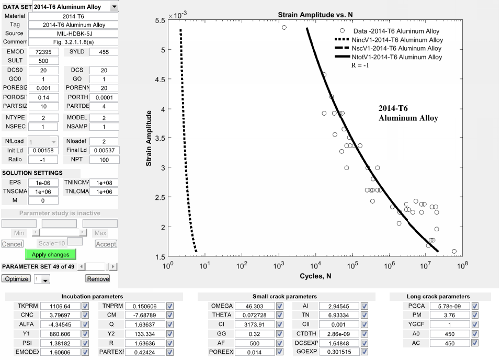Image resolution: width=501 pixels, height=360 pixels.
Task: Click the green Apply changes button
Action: tap(50, 254)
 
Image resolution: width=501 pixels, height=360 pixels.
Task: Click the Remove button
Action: tap(98, 279)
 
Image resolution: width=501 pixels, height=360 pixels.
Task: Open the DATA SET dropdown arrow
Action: tap(115, 7)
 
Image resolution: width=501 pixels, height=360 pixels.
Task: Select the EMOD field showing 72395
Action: tap(40, 52)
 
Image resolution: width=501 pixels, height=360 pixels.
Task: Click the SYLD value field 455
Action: tap(104, 52)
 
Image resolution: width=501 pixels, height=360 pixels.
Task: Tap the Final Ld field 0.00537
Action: tap(104, 150)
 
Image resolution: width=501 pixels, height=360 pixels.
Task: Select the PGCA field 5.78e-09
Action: tap(449, 306)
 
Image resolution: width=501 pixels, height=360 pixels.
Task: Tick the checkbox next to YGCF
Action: tap(475, 324)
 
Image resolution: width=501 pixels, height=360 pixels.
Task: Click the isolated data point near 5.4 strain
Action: tap(284, 27)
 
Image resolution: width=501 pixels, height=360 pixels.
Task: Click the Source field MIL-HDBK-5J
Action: tap(74, 33)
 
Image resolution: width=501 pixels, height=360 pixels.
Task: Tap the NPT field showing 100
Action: tap(104, 160)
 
